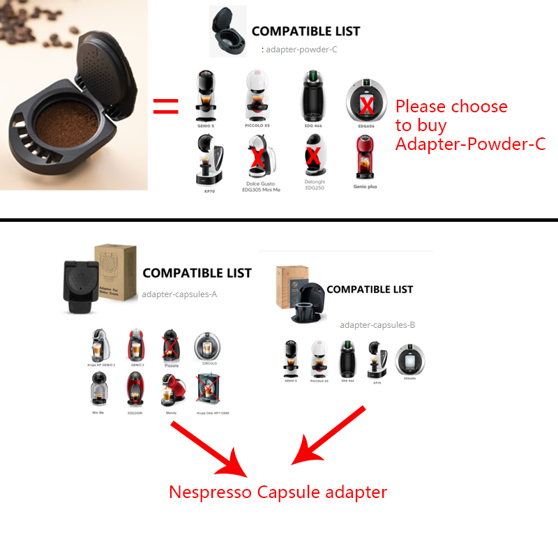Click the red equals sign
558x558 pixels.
point(166,107)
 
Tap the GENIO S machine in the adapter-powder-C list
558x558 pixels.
point(206,94)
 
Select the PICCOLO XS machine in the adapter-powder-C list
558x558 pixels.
point(257,95)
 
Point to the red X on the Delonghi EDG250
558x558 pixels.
point(314,156)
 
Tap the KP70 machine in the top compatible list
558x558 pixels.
point(209,159)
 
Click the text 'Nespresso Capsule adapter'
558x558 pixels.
point(278,492)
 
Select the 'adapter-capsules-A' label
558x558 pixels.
point(179,294)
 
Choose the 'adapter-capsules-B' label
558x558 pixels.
point(377,324)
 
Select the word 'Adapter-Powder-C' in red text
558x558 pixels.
point(470,144)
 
